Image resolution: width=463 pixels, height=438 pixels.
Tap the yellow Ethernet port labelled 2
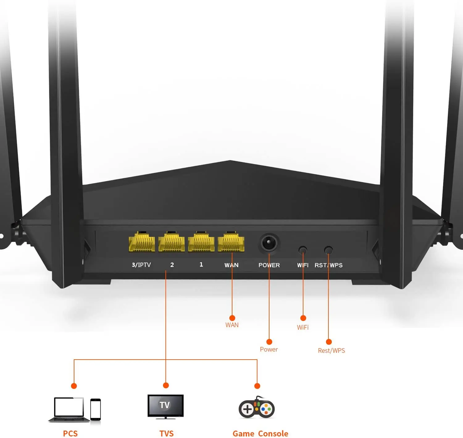[x=172, y=242]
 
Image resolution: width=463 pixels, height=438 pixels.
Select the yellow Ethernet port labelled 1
[x=201, y=242]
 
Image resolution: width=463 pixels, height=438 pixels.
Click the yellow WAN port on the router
[x=231, y=242]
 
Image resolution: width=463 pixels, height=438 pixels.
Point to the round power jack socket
[x=269, y=243]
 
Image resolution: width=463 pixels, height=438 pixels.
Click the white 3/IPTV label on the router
[x=141, y=265]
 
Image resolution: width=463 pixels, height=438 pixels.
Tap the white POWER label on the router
[x=269, y=265]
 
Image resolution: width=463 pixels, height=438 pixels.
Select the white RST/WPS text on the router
[x=328, y=265]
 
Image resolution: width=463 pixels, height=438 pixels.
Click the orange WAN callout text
[x=232, y=325]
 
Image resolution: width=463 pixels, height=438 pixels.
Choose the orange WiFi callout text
[x=303, y=327]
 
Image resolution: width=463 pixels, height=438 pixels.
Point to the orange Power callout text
[x=269, y=349]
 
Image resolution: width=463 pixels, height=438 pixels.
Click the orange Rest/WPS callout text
[x=332, y=351]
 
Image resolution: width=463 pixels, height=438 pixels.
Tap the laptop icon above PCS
[x=69, y=409]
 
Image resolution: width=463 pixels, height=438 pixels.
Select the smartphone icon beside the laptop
[x=95, y=410]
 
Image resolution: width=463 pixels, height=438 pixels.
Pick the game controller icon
[x=257, y=408]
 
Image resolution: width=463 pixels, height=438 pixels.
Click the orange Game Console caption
[x=260, y=434]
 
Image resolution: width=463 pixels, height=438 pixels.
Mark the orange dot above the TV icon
[x=166, y=385]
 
